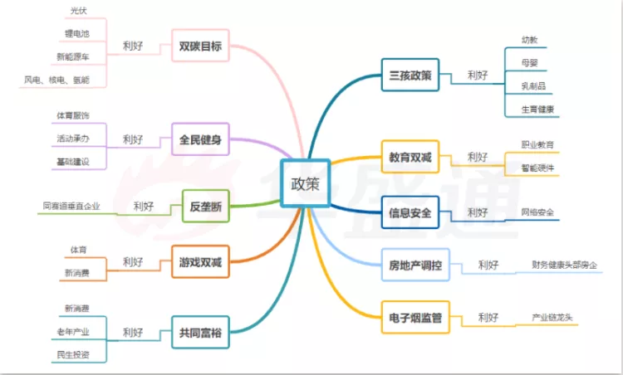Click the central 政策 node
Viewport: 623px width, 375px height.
point(305,183)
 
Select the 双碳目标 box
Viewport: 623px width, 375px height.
point(200,46)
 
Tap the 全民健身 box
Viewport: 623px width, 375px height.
point(200,139)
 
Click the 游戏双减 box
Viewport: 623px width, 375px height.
point(200,263)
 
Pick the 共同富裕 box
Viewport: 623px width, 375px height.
point(200,332)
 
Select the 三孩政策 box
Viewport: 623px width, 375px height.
point(410,75)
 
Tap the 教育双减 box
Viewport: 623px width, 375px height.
point(410,156)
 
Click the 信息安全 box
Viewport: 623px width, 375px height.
point(410,213)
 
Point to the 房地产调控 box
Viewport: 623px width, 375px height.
point(415,265)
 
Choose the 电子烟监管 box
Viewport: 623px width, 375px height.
point(415,317)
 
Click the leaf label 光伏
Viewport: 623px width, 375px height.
point(79,11)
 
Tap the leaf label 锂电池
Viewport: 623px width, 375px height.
point(77,34)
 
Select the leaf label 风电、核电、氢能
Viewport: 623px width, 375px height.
point(57,80)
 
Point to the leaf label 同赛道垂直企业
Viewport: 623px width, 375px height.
point(71,206)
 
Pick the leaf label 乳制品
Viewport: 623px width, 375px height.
point(533,85)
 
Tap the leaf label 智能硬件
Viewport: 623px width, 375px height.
point(537,168)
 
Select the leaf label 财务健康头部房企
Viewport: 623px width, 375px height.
point(565,265)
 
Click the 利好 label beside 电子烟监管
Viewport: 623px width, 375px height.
point(488,317)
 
